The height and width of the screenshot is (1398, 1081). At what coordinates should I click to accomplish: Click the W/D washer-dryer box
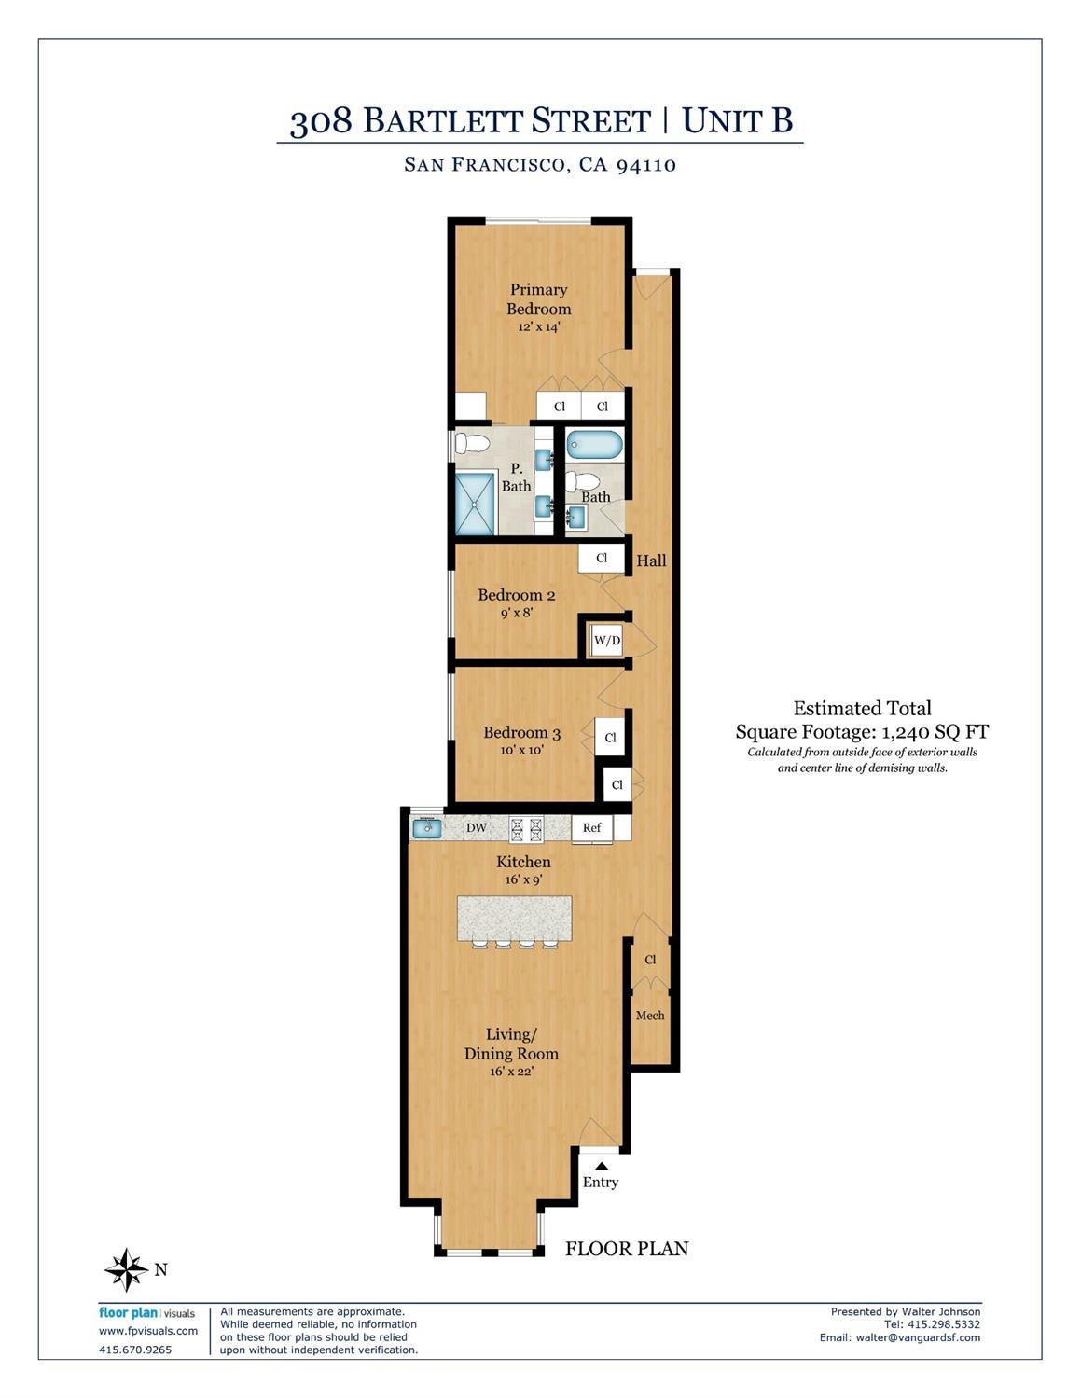pos(607,641)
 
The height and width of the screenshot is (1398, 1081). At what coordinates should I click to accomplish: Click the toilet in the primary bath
pos(473,443)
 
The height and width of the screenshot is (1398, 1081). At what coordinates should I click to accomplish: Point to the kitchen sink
pos(427,827)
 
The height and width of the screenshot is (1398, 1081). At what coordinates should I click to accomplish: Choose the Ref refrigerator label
pos(591,827)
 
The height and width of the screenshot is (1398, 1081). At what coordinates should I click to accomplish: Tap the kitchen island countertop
pos(514,917)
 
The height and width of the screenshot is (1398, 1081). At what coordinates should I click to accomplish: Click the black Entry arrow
pos(602,1165)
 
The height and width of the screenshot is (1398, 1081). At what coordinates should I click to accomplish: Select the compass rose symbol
pos(126,1269)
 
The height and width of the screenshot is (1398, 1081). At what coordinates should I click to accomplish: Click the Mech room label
pos(650,1016)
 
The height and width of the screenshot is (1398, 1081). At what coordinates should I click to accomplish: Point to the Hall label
pos(651,561)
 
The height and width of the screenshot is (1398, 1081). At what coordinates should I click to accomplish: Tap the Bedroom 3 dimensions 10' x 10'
pos(521,750)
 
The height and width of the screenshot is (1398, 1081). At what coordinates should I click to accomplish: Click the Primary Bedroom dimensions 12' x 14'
pos(539,327)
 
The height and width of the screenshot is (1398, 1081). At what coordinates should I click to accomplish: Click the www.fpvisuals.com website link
pos(148,1331)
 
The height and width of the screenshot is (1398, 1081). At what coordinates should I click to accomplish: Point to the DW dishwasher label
pos(477,827)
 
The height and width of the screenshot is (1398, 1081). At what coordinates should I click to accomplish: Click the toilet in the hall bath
pos(583,482)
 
